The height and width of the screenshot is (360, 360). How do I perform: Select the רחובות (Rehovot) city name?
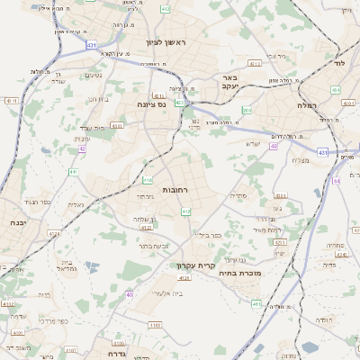click(x=174, y=190)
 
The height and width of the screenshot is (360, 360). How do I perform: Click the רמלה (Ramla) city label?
click(x=306, y=105)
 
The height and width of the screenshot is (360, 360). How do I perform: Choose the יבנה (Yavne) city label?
click(x=16, y=221)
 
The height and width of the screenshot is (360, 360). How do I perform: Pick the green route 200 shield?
click(x=246, y=110)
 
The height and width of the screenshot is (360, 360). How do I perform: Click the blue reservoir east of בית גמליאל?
click(x=90, y=266)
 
